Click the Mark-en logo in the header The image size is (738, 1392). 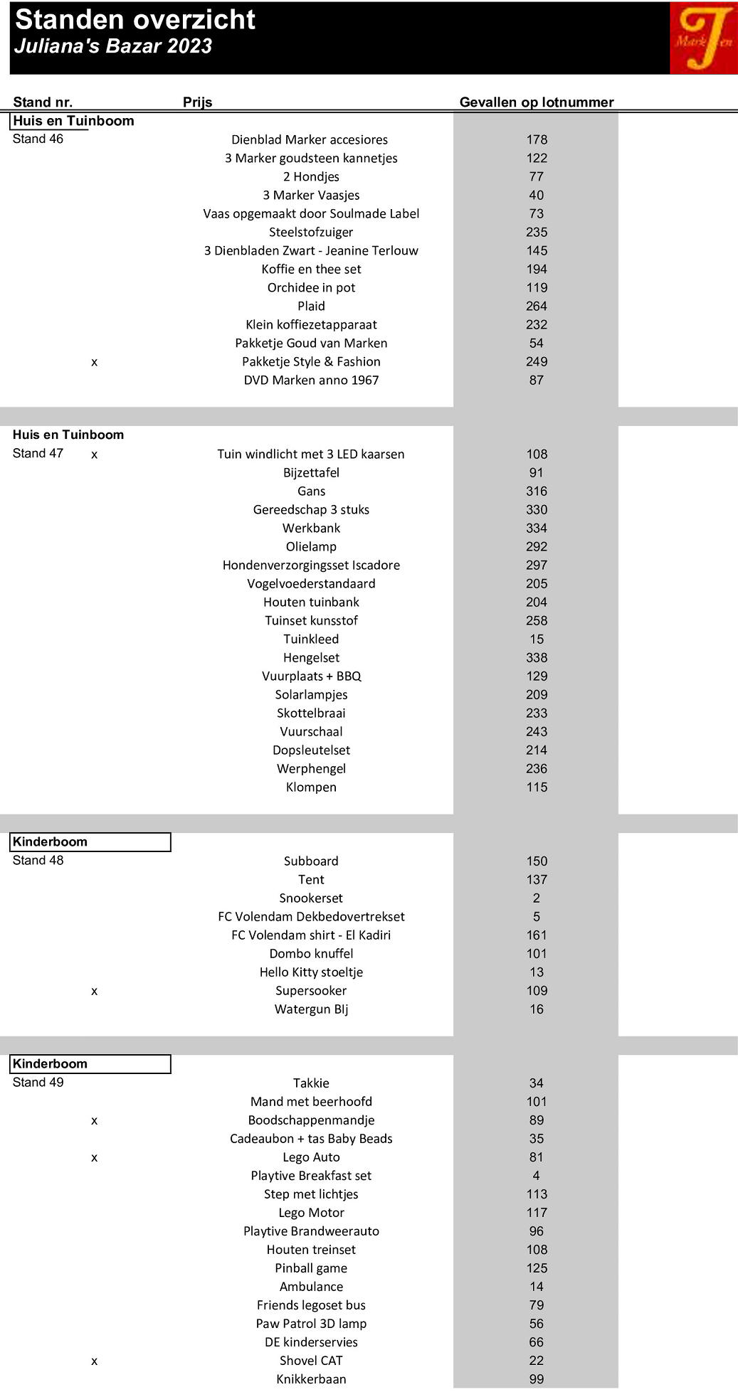(703, 38)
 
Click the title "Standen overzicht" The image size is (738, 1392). (135, 20)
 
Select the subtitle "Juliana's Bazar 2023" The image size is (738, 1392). (113, 46)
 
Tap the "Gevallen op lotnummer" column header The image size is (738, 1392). (536, 102)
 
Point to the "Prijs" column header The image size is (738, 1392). (197, 102)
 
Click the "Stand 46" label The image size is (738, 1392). (38, 139)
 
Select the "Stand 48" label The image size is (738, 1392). (38, 860)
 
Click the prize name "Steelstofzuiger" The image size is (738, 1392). (311, 232)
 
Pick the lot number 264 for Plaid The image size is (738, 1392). (536, 306)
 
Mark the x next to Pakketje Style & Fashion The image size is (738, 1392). (94, 362)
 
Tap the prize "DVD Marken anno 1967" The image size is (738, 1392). (311, 380)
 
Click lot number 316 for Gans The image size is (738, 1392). (536, 491)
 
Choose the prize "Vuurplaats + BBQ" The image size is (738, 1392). (311, 676)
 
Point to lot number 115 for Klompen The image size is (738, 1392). (536, 787)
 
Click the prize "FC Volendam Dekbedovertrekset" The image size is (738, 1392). (311, 916)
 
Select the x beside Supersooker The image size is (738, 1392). (94, 991)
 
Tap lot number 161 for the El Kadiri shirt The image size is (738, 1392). (536, 935)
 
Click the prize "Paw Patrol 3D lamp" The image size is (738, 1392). (311, 1323)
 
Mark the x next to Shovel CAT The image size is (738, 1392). (94, 1361)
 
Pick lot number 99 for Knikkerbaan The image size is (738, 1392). (536, 1378)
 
